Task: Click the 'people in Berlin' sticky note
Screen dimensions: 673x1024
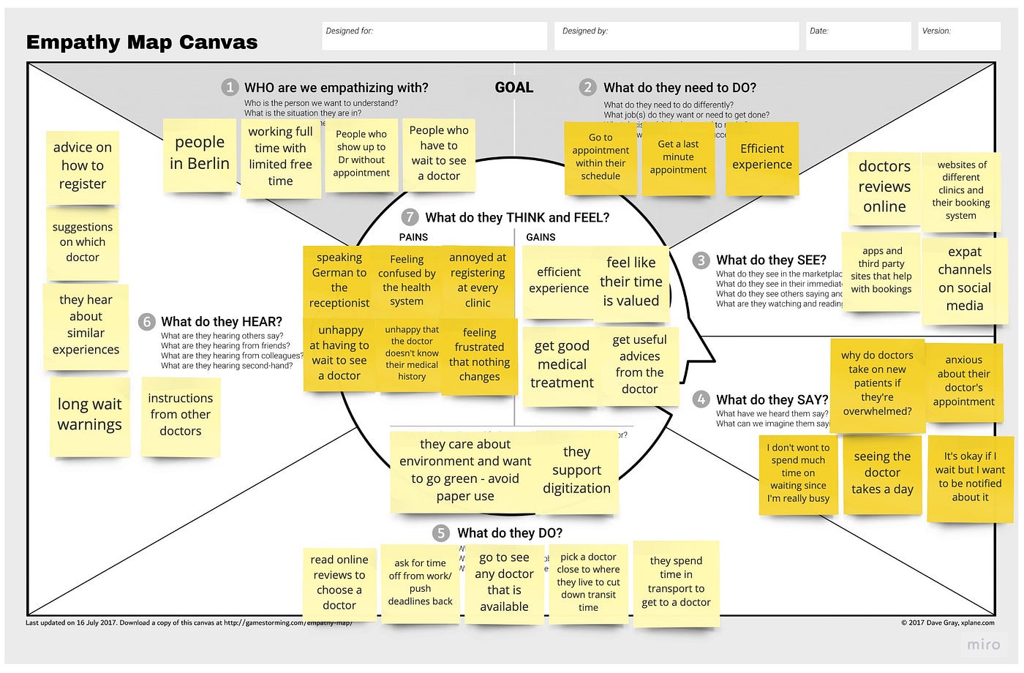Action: point(200,154)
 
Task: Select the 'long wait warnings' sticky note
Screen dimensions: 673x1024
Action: point(90,415)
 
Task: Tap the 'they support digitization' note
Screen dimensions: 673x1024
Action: point(576,470)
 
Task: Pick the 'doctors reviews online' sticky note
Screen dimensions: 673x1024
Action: point(884,187)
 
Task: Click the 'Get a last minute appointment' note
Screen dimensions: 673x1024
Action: point(678,157)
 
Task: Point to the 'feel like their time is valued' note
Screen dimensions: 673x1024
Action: point(630,282)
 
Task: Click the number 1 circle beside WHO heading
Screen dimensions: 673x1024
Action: point(230,88)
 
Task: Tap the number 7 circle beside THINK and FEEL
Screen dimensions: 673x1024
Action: point(410,217)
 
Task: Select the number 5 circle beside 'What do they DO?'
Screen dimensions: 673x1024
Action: point(440,533)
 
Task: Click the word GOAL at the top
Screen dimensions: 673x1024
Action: point(514,88)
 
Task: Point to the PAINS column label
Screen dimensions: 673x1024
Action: point(413,237)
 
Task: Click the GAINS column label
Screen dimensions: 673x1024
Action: point(541,237)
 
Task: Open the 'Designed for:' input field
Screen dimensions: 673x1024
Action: point(434,36)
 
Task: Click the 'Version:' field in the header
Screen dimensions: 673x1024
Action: point(959,36)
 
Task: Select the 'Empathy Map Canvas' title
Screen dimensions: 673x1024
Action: point(142,42)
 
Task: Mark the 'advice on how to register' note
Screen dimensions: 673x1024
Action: point(83,166)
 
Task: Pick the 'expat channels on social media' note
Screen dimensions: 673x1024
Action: point(964,279)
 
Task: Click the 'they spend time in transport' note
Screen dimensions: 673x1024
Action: point(676,582)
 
